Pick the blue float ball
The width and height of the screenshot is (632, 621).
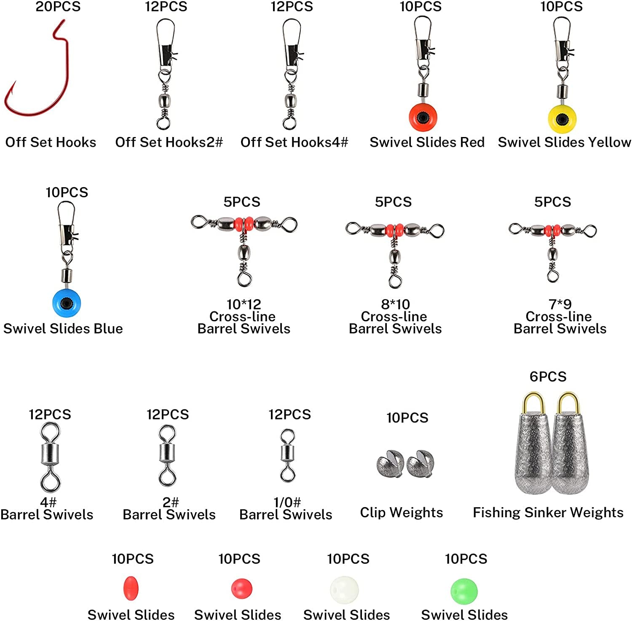click(x=66, y=303)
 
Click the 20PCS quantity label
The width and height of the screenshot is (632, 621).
click(x=58, y=7)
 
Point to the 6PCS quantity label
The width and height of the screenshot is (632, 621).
click(x=548, y=376)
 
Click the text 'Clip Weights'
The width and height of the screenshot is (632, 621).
click(x=401, y=512)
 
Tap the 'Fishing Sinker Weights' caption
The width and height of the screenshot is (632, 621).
click(x=548, y=512)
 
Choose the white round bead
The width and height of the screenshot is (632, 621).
click(x=344, y=589)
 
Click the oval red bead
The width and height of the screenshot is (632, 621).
click(x=131, y=588)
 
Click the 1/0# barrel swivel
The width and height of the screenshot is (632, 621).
click(x=288, y=455)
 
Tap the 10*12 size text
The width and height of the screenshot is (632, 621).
click(x=244, y=304)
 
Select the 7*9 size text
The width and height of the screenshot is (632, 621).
click(x=560, y=304)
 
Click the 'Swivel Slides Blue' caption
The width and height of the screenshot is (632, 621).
click(x=63, y=328)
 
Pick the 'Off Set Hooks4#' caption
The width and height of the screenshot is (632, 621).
click(x=294, y=142)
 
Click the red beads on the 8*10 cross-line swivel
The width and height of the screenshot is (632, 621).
click(x=394, y=230)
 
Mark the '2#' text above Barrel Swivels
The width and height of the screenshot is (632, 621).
click(x=171, y=502)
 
